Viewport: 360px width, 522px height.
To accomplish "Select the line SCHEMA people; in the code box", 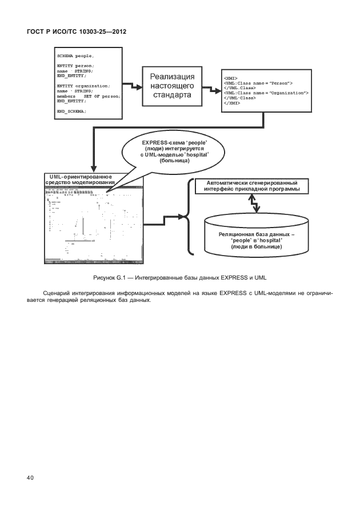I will [x=75, y=56].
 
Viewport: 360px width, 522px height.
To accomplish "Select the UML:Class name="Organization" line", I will [x=266, y=93].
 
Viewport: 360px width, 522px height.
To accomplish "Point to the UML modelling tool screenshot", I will [x=94, y=225].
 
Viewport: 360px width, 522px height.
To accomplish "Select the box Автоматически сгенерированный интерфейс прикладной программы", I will [x=248, y=186].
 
